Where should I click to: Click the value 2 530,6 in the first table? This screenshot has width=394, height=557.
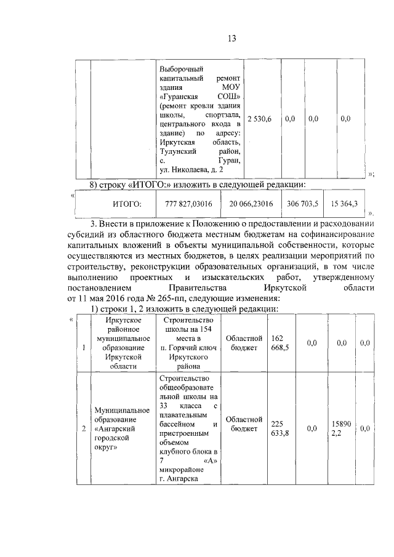[259, 118]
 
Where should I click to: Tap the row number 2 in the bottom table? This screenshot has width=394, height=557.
[84, 428]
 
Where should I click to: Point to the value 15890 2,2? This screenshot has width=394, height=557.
[340, 428]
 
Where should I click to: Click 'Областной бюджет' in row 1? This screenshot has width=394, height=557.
[244, 343]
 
